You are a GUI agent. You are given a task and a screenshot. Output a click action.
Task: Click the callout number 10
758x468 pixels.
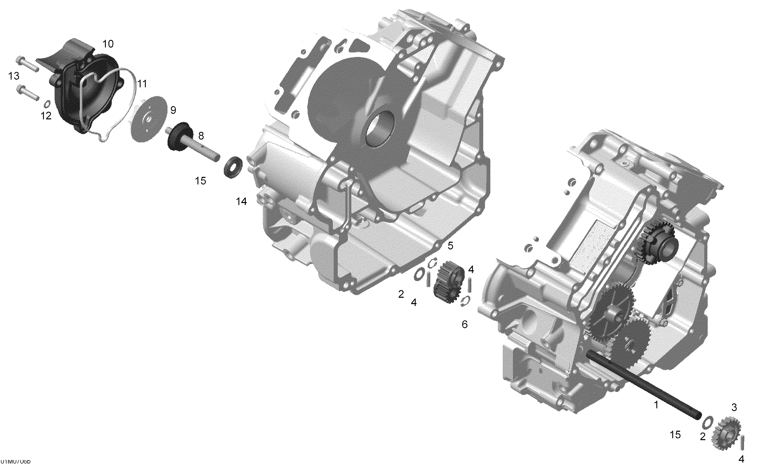point(108,44)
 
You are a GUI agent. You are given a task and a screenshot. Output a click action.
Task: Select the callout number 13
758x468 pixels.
point(14,76)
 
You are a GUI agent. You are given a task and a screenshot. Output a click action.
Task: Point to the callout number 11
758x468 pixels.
point(142,83)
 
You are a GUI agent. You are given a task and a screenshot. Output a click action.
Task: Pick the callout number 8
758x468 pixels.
point(201,136)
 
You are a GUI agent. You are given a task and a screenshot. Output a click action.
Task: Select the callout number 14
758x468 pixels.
point(241,202)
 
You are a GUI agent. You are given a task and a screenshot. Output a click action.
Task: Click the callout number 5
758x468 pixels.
point(450,246)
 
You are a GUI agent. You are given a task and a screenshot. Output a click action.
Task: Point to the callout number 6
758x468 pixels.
point(465,324)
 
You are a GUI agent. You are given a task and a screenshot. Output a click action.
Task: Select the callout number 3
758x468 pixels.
point(734,408)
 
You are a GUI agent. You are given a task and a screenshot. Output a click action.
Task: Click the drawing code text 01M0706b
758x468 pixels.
point(16,461)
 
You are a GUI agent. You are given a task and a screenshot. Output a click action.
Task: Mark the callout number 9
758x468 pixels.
point(173,110)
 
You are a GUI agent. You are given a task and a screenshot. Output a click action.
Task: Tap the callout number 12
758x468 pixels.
point(46,116)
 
